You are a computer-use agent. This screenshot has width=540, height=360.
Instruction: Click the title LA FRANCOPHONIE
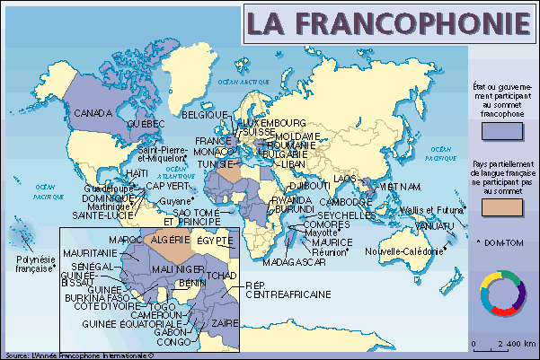click(387, 24)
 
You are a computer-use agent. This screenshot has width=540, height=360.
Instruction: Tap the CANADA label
click(92, 114)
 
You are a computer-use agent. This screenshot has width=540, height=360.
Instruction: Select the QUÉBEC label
click(145, 122)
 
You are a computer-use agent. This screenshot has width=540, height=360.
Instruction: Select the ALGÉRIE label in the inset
click(169, 241)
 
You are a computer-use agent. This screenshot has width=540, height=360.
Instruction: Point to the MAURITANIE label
click(92, 254)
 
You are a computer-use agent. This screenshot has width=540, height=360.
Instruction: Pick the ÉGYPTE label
click(215, 241)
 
